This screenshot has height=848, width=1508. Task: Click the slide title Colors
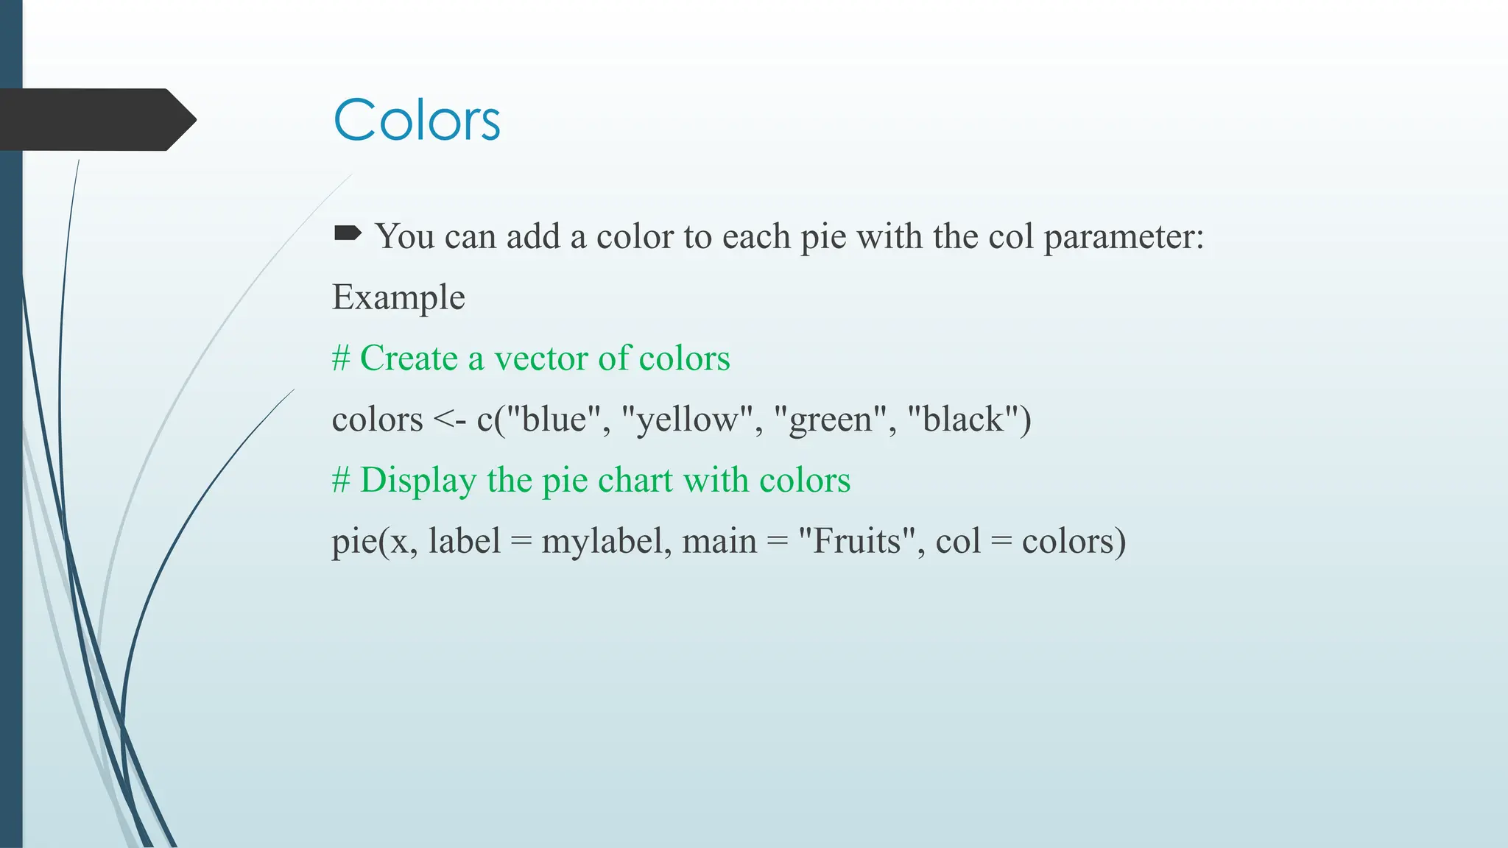tap(417, 119)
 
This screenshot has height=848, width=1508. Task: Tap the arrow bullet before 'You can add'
tap(347, 234)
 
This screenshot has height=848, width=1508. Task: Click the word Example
tap(398, 297)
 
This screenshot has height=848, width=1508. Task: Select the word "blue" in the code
tap(554, 420)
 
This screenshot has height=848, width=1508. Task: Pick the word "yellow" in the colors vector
tap(687, 420)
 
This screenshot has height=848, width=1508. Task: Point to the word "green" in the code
tap(831, 420)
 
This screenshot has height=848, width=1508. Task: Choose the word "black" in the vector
tap(962, 420)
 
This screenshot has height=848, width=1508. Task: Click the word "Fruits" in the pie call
tap(856, 541)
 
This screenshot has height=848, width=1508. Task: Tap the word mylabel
tap(602, 542)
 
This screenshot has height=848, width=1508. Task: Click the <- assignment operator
tap(449, 420)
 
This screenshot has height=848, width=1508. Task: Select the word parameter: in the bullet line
tap(1124, 237)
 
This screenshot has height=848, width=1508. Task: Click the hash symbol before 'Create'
tap(340, 358)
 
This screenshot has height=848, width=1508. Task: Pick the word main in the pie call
tap(719, 541)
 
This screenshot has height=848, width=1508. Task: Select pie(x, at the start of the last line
tap(374, 542)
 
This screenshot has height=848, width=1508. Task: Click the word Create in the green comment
tap(409, 358)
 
